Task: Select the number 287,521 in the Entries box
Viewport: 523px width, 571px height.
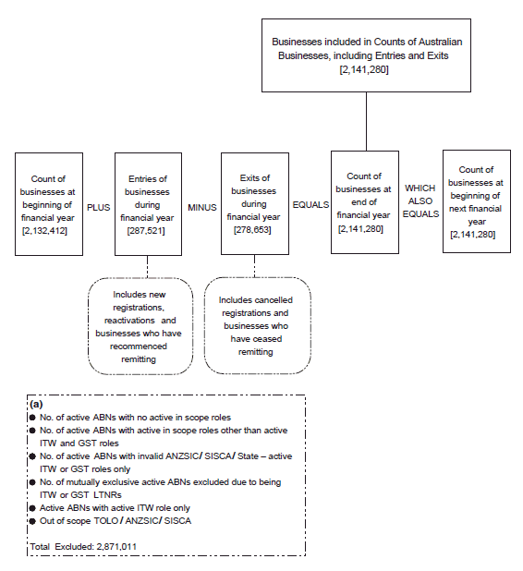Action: pyautogui.click(x=146, y=228)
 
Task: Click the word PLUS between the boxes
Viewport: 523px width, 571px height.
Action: pyautogui.click(x=98, y=208)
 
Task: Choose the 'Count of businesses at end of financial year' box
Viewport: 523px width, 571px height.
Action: pyautogui.click(x=364, y=201)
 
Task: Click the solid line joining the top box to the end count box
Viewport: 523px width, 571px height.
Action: pyautogui.click(x=367, y=121)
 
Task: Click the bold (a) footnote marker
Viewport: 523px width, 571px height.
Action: pyautogui.click(x=36, y=405)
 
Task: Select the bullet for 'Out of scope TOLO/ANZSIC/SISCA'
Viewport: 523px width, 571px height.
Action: pyautogui.click(x=32, y=520)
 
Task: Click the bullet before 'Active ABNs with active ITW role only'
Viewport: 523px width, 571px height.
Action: pyautogui.click(x=32, y=507)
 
